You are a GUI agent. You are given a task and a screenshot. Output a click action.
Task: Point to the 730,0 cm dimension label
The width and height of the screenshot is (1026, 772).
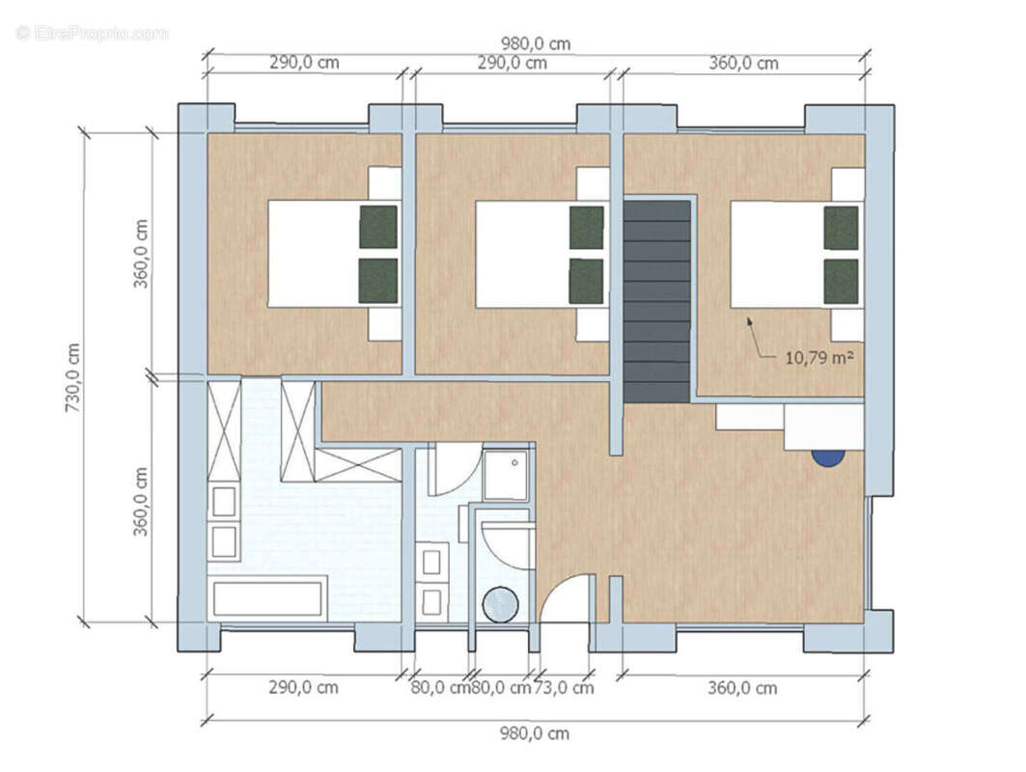tap(72, 377)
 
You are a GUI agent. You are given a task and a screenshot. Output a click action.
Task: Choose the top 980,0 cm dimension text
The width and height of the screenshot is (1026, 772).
tap(535, 43)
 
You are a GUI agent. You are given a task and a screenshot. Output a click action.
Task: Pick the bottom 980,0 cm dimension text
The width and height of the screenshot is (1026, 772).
tap(535, 733)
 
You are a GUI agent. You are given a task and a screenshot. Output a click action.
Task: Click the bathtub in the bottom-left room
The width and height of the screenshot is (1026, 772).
tap(267, 598)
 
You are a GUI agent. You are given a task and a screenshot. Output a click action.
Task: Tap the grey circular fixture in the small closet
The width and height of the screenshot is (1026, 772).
tap(500, 605)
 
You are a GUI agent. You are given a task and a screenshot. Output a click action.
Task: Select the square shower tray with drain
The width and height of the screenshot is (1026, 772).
tap(506, 476)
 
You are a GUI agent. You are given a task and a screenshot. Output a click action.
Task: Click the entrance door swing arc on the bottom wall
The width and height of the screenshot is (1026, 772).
tap(565, 598)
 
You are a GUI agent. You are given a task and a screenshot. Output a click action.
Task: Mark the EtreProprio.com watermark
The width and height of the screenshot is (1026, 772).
tap(93, 33)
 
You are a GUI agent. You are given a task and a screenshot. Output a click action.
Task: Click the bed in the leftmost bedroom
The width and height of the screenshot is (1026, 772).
tap(319, 254)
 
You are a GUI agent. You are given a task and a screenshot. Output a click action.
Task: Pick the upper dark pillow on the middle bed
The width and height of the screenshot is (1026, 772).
tap(586, 228)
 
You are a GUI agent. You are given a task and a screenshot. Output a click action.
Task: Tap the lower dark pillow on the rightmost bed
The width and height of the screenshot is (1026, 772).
tap(841, 281)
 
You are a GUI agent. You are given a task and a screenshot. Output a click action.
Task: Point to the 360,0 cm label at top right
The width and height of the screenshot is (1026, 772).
tap(743, 64)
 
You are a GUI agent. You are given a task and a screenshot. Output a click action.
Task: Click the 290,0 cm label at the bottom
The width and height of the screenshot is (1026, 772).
tap(304, 688)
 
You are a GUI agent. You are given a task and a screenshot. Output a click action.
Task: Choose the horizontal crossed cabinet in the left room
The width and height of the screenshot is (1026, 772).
tap(358, 465)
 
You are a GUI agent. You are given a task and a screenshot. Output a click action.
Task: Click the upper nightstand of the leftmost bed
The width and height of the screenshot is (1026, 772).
tap(385, 183)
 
